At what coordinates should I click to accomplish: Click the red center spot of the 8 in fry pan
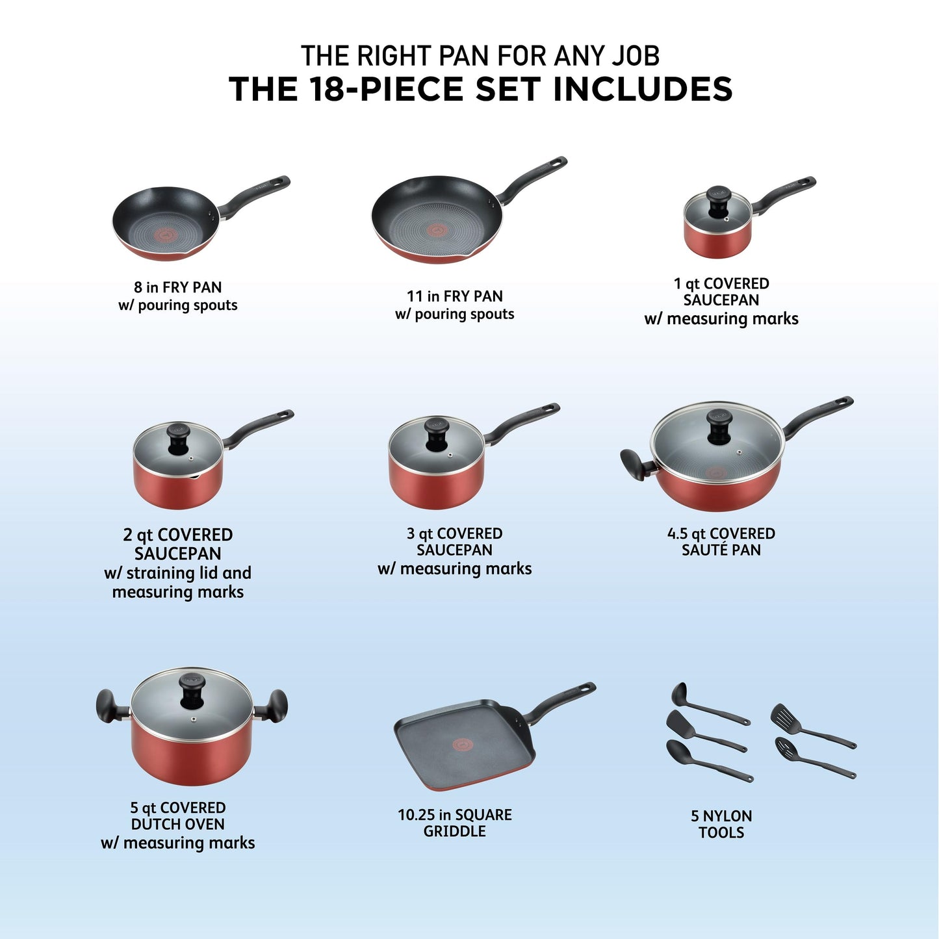click(x=166, y=234)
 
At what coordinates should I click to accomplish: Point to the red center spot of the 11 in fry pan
click(x=436, y=229)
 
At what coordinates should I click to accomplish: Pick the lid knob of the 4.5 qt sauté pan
click(x=719, y=426)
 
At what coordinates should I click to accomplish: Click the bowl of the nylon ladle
click(x=679, y=695)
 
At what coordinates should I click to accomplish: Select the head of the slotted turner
click(x=782, y=717)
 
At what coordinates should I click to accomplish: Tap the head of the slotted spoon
click(x=786, y=747)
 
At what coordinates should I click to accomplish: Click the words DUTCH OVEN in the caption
click(x=177, y=824)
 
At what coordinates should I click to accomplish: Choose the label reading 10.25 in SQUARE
click(x=454, y=815)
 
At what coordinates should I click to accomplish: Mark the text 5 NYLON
click(x=721, y=816)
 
